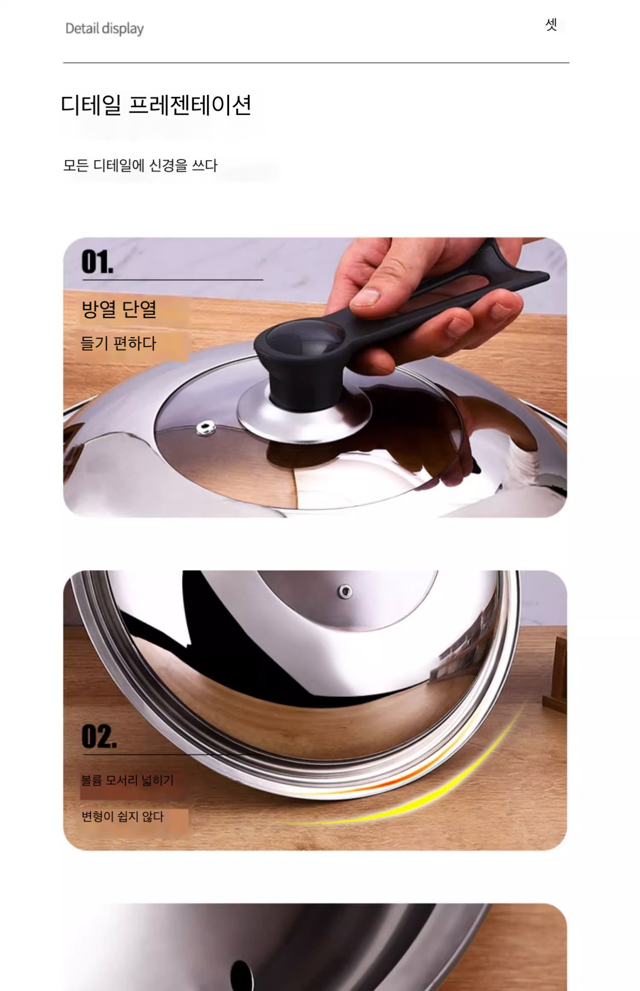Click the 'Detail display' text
104,28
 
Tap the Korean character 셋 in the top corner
551,24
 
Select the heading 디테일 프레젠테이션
156,105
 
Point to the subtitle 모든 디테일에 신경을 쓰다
140,166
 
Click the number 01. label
97,262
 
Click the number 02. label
99,736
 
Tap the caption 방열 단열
119,309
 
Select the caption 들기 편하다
118,343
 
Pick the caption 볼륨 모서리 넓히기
127,780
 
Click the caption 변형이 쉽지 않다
122,817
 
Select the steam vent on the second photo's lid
345,591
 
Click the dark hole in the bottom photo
242,976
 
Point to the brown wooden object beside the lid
555,671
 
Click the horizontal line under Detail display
316,63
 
